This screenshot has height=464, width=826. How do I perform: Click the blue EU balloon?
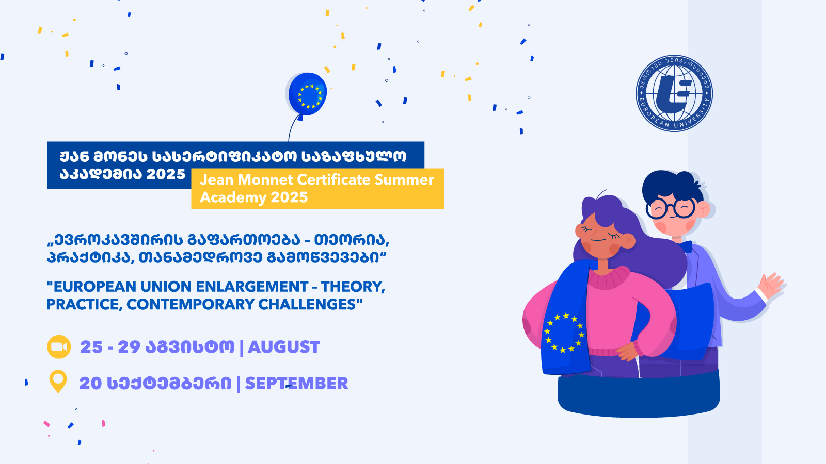pyautogui.click(x=307, y=94)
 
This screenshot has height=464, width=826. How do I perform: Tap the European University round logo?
pyautogui.click(x=674, y=93)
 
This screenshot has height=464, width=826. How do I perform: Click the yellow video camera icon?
pyautogui.click(x=59, y=347)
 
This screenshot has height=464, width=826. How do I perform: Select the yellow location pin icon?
pyautogui.click(x=58, y=382)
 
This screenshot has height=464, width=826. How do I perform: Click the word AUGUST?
pyautogui.click(x=283, y=347)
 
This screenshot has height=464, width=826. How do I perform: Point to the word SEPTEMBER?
pyautogui.click(x=296, y=384)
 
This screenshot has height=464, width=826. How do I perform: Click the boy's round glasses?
pyautogui.click(x=671, y=208)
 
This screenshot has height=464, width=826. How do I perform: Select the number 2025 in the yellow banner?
pyautogui.click(x=289, y=197)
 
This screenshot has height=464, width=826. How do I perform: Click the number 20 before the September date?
pyautogui.click(x=90, y=384)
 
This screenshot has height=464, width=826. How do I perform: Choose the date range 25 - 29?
pyautogui.click(x=110, y=347)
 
